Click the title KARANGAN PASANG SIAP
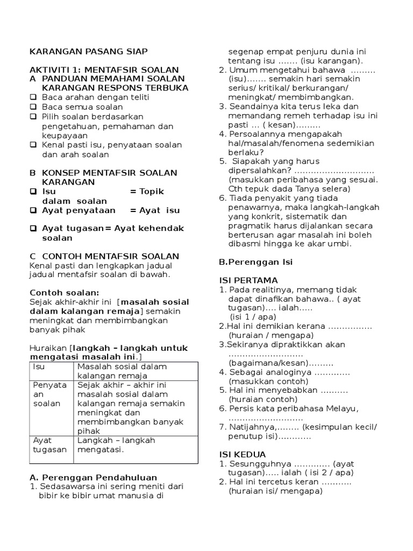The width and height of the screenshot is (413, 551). point(88,51)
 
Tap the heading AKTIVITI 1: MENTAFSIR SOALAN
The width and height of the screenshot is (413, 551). point(104,70)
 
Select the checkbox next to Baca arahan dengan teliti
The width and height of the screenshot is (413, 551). point(33,97)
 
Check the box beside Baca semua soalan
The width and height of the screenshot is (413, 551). point(33,107)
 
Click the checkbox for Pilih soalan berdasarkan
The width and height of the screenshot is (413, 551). point(33,117)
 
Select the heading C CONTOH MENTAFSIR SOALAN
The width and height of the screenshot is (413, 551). point(104,256)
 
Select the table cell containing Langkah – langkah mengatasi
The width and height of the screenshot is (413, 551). point(116,444)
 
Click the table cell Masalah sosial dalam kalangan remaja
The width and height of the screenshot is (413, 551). point(122,371)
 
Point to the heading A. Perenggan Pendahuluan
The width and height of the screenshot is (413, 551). point(93,477)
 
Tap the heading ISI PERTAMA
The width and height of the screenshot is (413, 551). point(248,280)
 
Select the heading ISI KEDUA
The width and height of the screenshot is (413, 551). point(243,454)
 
